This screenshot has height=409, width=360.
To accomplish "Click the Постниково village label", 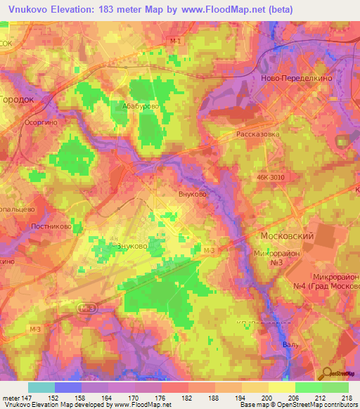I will [x=51, y=226].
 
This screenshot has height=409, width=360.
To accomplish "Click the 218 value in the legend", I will [x=348, y=398].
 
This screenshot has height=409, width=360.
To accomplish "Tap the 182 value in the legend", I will [x=188, y=398].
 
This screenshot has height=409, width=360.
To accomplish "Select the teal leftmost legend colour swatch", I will [x=41, y=387].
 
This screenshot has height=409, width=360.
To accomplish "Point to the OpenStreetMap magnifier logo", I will [x=328, y=375].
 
